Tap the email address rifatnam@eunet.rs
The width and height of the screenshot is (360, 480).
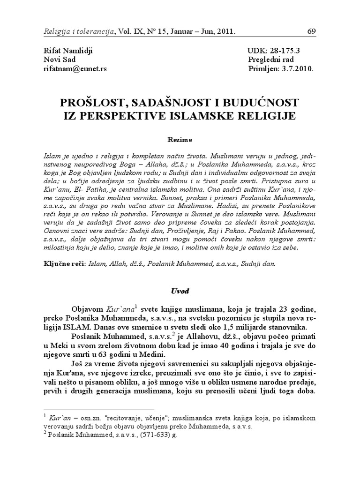75,68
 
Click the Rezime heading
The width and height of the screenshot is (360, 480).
180,140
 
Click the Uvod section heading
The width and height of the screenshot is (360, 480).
180,291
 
